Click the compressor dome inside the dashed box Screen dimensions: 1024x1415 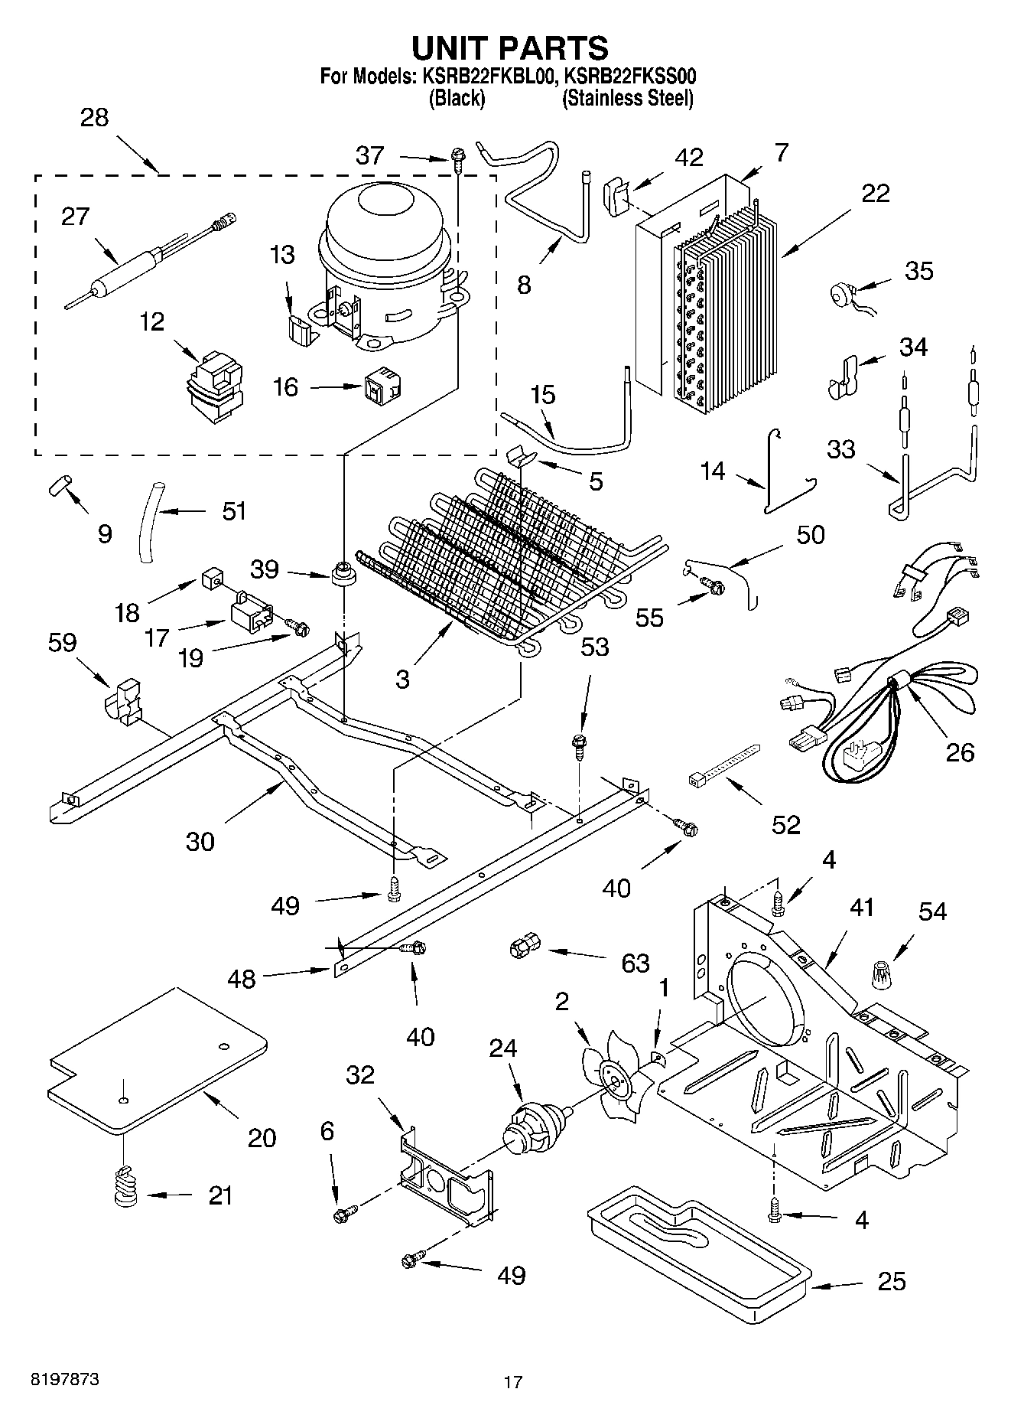[x=382, y=264]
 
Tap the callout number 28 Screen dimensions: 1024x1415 [x=94, y=118]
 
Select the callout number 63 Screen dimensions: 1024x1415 [x=635, y=962]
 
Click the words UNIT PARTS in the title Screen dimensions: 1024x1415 [x=510, y=48]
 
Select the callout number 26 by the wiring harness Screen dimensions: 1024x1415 [x=960, y=752]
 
